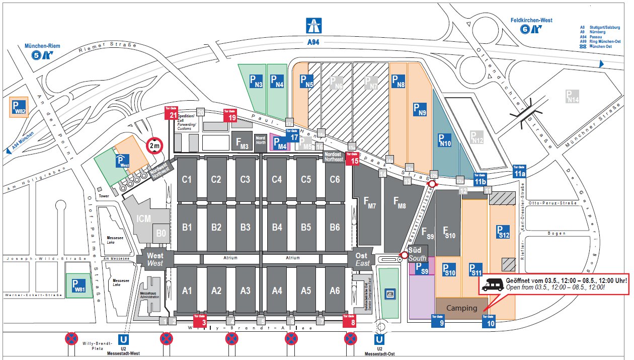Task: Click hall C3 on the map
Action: pos(245,179)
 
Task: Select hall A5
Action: pos(305,291)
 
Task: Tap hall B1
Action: pos(187,227)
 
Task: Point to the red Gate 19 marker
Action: pos(230,115)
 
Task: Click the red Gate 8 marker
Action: pos(350,321)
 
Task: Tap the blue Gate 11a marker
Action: pos(519,171)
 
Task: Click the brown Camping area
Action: pos(461,308)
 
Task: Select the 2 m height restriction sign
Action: pos(155,146)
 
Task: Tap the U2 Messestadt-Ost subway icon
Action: pos(380,340)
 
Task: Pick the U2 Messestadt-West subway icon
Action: pos(123,340)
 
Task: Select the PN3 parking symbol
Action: pos(257,82)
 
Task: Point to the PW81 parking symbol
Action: pos(78,285)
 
